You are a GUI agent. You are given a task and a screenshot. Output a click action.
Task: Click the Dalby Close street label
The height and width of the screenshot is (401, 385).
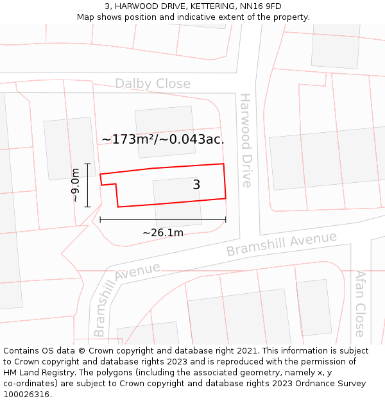[153, 84]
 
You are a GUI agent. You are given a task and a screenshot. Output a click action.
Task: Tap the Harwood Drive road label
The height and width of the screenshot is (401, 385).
[246, 140]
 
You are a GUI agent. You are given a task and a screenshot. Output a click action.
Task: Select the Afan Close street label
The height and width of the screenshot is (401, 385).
[360, 303]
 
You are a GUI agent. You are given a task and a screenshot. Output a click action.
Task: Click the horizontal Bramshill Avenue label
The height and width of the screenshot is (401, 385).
[281, 244]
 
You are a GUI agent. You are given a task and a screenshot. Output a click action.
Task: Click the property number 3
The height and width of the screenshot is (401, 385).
[196, 185]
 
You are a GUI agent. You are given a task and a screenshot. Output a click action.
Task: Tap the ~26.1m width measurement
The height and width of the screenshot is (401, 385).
[162, 232]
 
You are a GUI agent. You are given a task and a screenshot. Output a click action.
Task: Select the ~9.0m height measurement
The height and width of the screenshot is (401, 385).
[76, 185]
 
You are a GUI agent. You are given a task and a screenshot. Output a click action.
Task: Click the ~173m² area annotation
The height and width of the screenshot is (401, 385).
[162, 139]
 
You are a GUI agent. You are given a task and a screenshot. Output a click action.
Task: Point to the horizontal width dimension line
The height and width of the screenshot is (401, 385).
[162, 220]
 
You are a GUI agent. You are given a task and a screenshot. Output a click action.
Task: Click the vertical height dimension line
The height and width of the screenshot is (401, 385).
[87, 185]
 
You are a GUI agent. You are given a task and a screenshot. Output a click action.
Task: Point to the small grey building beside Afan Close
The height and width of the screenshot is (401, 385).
[314, 307]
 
